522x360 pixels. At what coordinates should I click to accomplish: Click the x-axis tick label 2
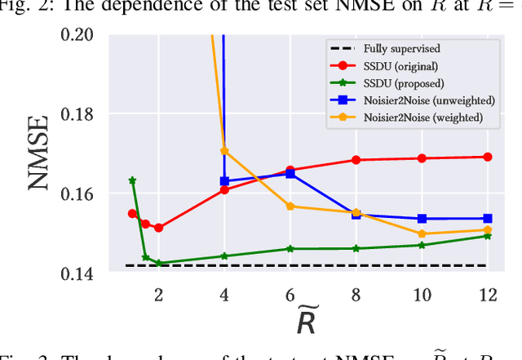click(x=158, y=295)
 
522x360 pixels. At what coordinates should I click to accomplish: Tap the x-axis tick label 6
click(x=290, y=295)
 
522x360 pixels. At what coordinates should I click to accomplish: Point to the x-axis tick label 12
click(x=487, y=295)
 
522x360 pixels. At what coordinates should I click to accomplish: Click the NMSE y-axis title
click(x=39, y=154)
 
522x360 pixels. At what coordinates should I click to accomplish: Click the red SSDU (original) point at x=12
click(x=487, y=157)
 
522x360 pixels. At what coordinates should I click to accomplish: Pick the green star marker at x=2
click(x=158, y=264)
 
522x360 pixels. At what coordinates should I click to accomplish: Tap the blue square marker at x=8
click(x=356, y=214)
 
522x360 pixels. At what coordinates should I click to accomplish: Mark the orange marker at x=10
click(x=422, y=233)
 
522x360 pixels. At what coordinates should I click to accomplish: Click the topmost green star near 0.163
click(x=132, y=180)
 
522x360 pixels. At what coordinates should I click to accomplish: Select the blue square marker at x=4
click(x=224, y=181)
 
